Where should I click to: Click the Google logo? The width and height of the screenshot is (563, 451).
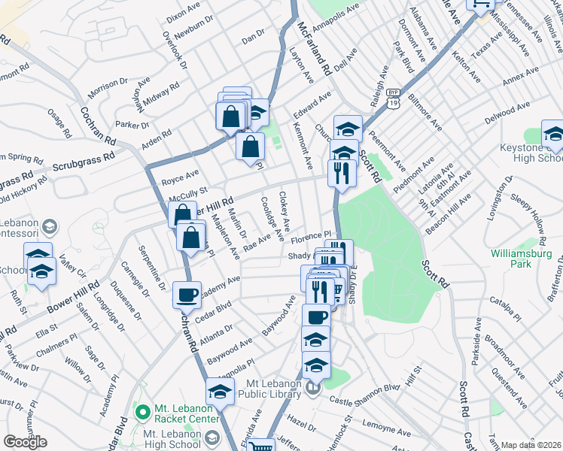(25, 442)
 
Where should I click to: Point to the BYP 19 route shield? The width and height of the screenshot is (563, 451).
(394, 100)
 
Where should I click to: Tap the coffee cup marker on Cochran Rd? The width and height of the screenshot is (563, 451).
(187, 295)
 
